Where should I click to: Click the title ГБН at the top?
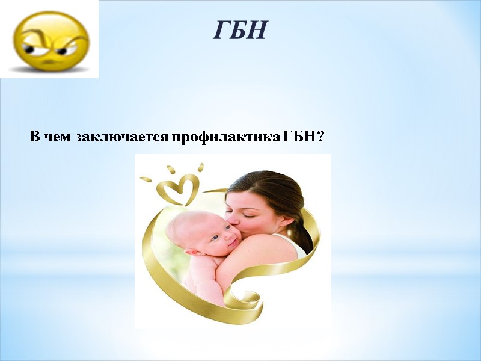pos(239,29)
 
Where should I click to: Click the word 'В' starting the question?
pos(34,137)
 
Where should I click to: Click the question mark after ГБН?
pos(320,137)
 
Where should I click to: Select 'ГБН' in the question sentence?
pos(299,137)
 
